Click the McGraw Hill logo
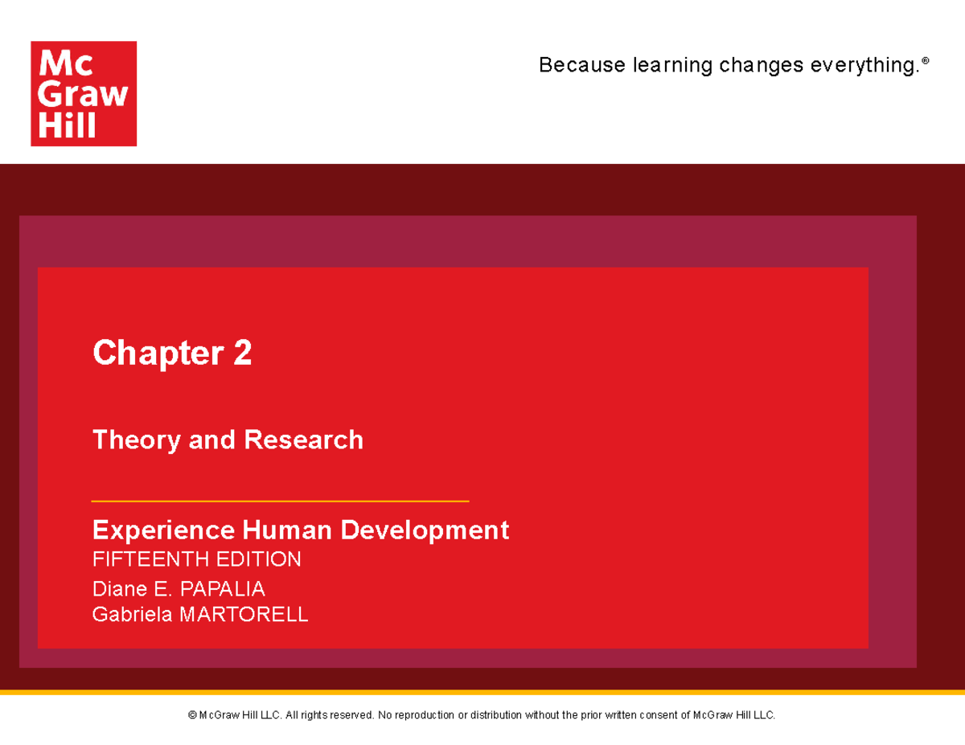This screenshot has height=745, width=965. (84, 94)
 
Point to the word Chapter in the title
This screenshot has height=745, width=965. (157, 353)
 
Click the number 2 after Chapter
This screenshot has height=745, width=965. (243, 353)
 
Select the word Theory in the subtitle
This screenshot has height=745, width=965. (137, 440)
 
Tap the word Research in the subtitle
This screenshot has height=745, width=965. (303, 440)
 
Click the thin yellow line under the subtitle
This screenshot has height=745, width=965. (280, 501)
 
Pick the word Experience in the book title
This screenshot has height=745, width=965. (160, 530)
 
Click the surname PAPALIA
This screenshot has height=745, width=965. (222, 589)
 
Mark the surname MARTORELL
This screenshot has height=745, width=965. (243, 615)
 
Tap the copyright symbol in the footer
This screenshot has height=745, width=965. (192, 715)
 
